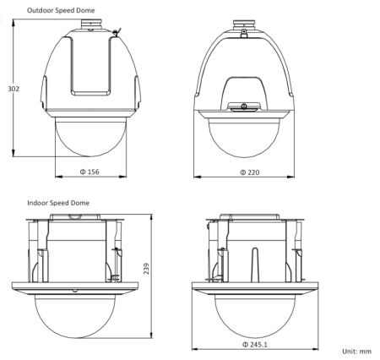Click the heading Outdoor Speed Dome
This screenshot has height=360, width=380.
pyautogui.click(x=61, y=9)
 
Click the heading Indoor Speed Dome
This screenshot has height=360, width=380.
pyautogui.click(x=58, y=204)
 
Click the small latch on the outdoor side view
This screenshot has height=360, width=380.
pyautogui.click(x=243, y=106)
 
